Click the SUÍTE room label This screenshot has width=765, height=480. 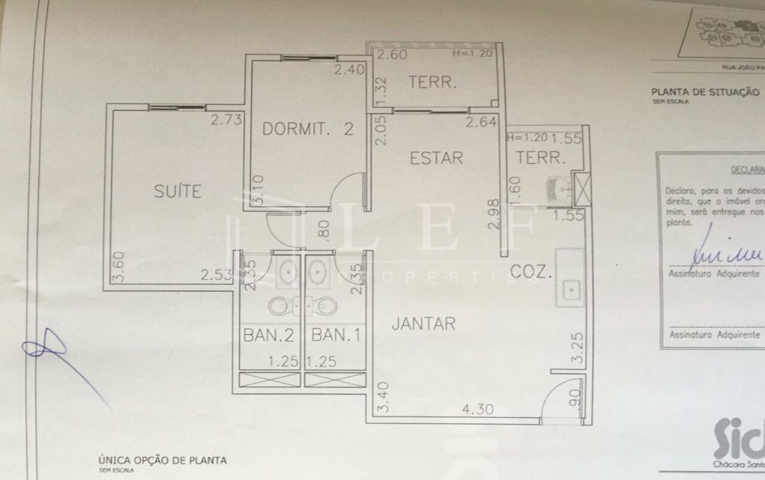tap(178, 191)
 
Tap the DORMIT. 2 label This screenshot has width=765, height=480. tap(308, 129)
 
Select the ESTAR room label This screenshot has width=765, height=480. tap(436, 158)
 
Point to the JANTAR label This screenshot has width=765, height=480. tap(423, 324)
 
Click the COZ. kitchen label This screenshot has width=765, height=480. tap(531, 273)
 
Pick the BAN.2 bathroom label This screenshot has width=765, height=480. tap(269, 335)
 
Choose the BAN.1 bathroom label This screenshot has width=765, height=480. tap(336, 335)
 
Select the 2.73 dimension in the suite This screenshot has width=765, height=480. tap(225, 120)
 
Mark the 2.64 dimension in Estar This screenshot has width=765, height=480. tap(481, 123)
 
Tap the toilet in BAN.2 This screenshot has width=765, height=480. tap(280, 306)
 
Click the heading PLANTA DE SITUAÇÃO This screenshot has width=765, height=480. tap(705, 92)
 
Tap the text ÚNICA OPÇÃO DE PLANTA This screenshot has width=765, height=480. tap(162, 460)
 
